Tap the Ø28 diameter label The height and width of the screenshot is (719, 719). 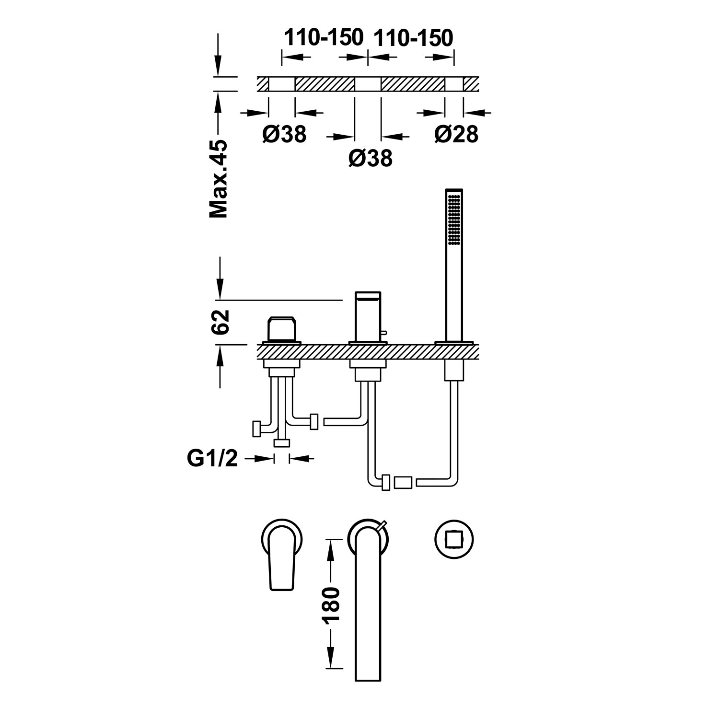coord(456,134)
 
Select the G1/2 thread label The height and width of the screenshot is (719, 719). coord(212,459)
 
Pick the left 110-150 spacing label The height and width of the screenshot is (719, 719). coord(324,37)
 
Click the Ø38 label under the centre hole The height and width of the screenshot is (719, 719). coord(371,158)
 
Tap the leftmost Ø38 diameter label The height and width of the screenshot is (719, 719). coord(284,134)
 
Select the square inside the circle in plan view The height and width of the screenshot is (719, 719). coord(453,540)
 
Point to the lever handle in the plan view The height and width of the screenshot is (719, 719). coord(282,556)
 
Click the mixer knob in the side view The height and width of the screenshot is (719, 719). coord(282,329)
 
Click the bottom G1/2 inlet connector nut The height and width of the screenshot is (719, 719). coord(282,443)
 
